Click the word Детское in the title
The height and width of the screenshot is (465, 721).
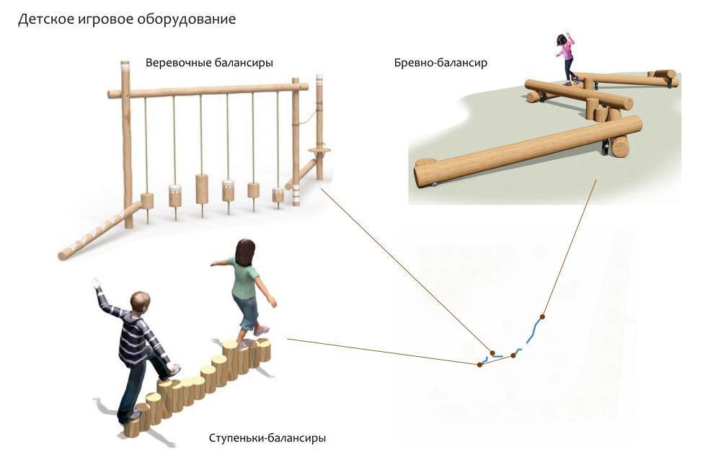pos(43,19)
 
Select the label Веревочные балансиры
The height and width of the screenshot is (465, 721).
pos(209,63)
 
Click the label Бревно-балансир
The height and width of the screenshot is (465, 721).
pos(441,63)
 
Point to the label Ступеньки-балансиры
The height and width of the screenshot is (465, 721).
pos(267,438)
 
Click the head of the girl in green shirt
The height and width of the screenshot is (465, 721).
pos(245,252)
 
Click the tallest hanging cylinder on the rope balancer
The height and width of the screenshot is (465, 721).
pos(202,189)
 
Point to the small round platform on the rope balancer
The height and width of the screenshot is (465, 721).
pos(319,150)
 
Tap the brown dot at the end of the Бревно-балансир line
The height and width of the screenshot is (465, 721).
pos(542,316)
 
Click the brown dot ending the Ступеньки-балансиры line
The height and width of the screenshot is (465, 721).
pos(479,365)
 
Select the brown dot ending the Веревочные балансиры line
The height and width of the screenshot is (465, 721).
pos(492,353)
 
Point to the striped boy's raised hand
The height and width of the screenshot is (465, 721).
pos(96,283)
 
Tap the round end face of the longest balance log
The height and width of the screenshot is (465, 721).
pos(425,174)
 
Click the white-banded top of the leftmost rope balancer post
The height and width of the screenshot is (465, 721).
pos(125,67)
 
